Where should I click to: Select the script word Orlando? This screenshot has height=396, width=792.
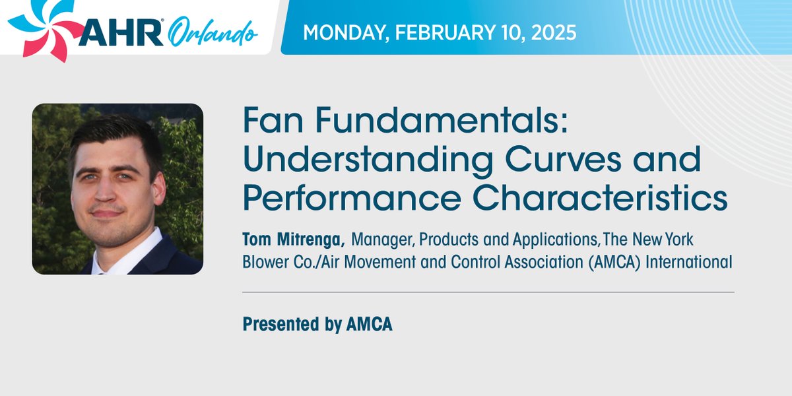pos(211,34)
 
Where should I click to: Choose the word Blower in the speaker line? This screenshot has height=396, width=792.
pos(266,262)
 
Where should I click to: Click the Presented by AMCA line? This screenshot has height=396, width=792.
pos(317,324)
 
